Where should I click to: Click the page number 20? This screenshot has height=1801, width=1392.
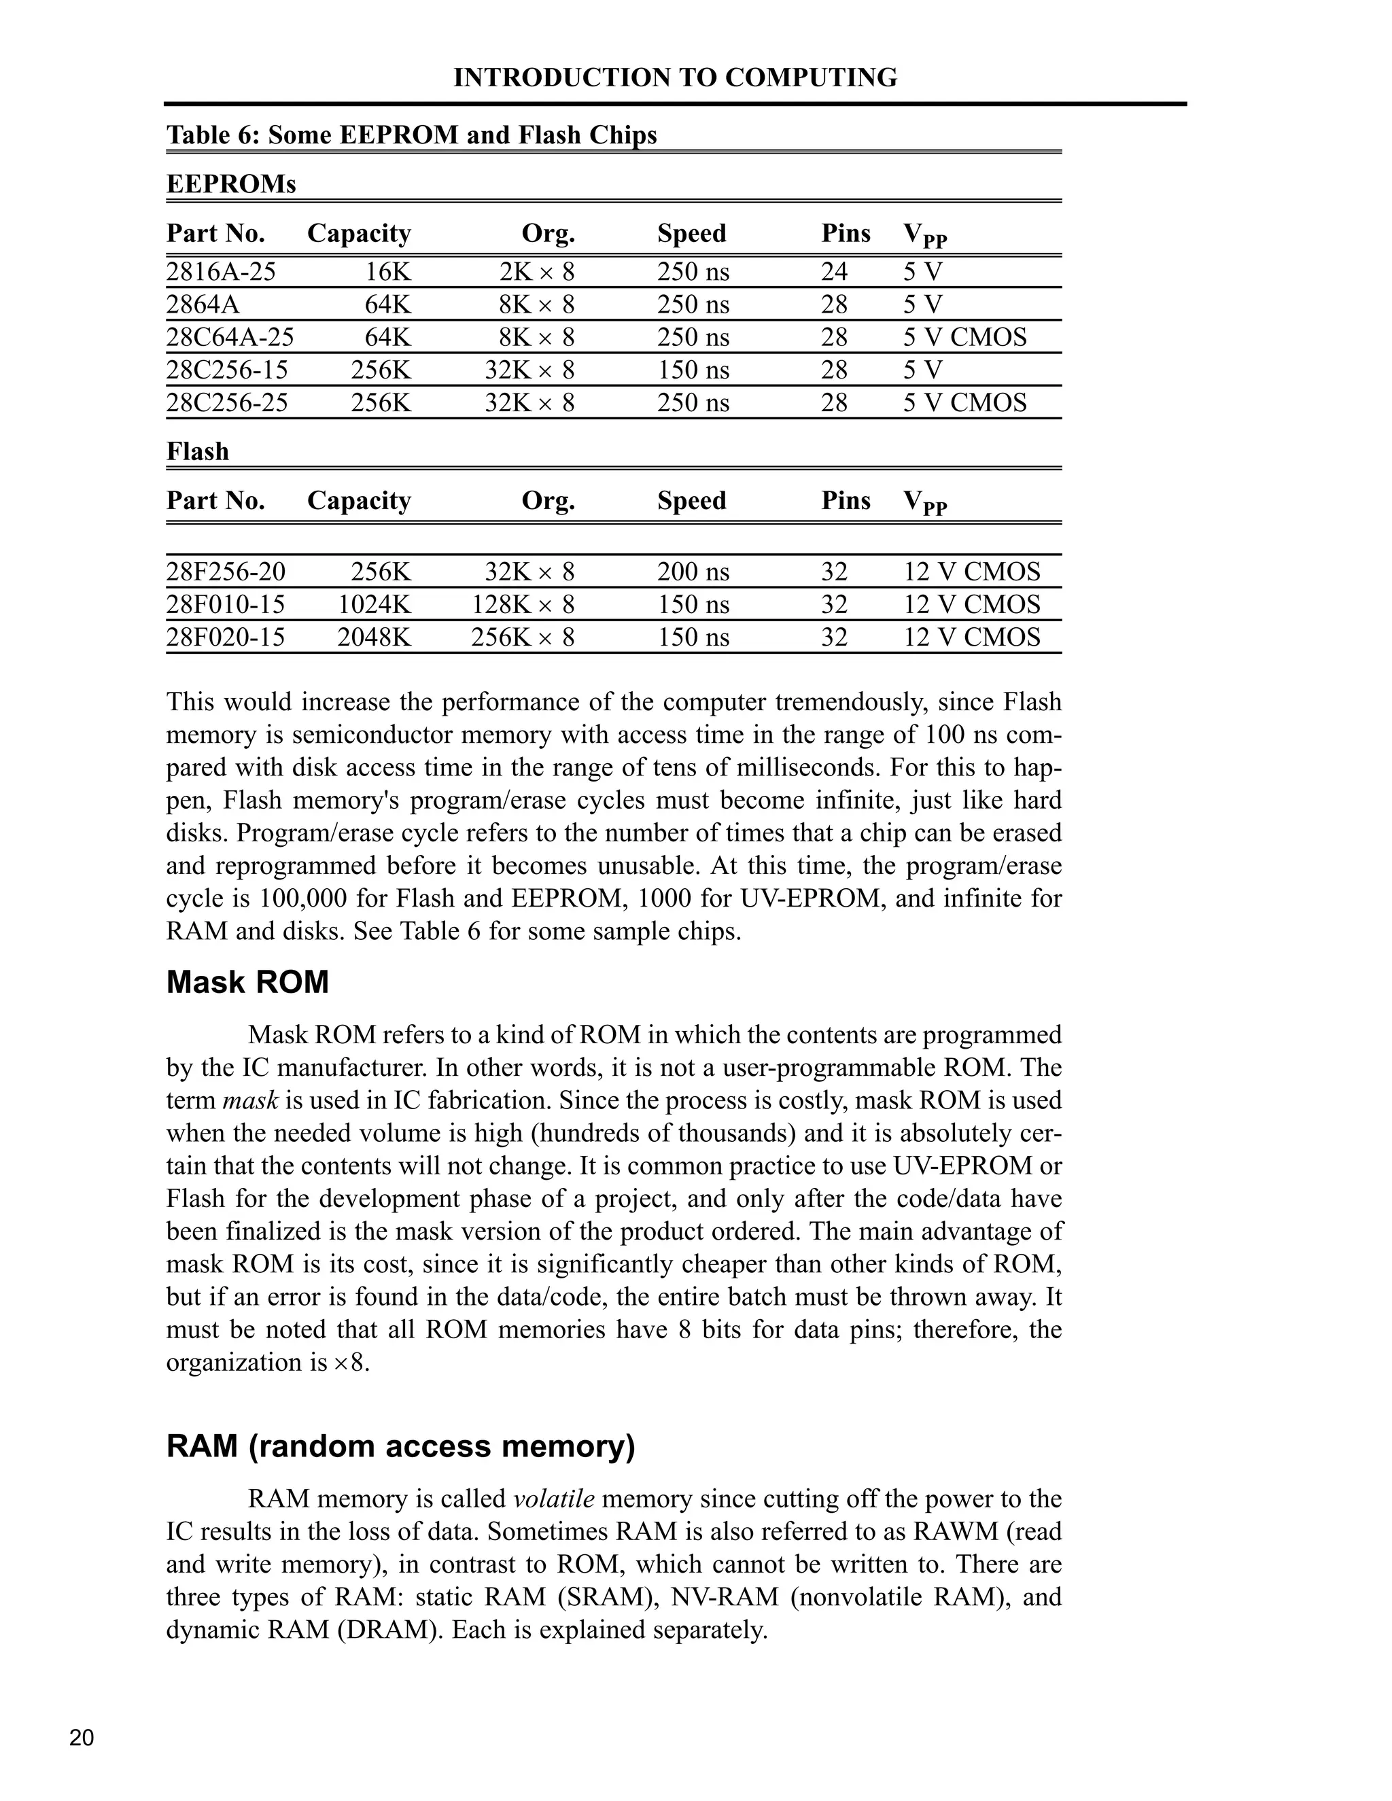[82, 1738]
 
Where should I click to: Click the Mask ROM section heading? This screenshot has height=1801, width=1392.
[247, 982]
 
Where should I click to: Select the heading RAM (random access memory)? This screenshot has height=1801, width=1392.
[401, 1446]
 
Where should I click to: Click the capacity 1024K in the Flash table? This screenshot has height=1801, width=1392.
[375, 604]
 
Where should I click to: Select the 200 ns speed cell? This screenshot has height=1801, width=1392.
[693, 572]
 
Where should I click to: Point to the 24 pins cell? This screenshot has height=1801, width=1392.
[834, 271]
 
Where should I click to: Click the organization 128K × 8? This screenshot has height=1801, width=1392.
[523, 604]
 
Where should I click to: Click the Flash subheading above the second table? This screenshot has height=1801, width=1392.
[198, 451]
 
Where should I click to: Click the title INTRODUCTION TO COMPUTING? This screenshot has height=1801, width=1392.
[674, 77]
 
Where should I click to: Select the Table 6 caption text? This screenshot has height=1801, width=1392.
[411, 135]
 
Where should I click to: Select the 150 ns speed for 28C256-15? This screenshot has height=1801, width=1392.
[693, 370]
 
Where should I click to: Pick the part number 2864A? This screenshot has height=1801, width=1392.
[203, 304]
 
